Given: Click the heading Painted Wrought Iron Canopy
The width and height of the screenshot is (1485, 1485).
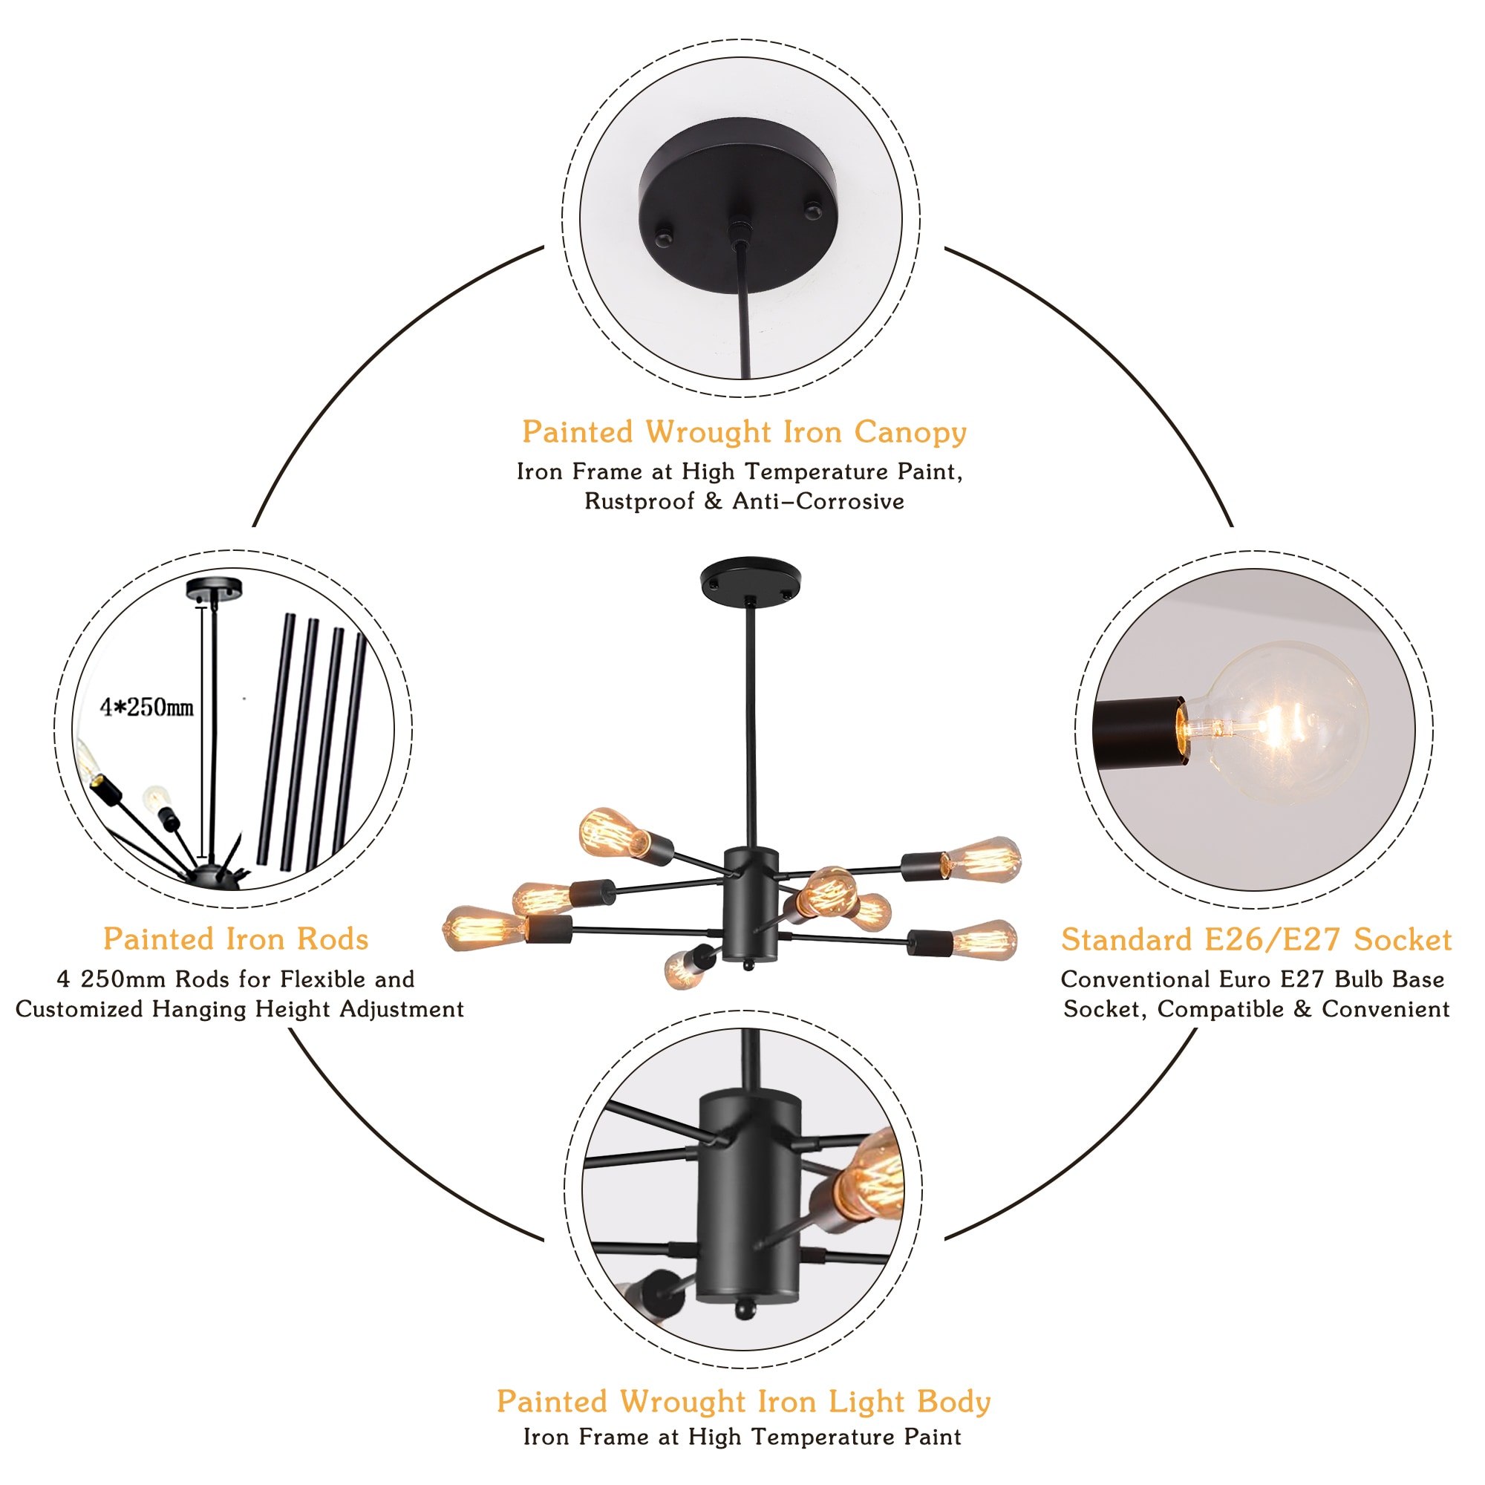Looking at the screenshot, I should tap(743, 432).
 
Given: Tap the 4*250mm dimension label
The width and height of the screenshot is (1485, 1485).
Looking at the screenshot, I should tap(147, 707).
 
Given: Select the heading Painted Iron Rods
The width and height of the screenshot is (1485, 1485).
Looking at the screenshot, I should tap(236, 939).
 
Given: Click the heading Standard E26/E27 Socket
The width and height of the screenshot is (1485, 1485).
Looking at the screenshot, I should tap(1256, 940).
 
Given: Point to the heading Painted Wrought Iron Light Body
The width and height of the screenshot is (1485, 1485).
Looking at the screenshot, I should tap(743, 1401).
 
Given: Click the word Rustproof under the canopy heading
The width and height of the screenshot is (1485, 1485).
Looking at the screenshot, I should tap(639, 501).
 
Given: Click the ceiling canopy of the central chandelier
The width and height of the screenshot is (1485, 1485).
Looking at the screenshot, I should tap(750, 581).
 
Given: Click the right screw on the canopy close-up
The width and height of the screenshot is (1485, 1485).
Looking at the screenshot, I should tap(812, 210).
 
